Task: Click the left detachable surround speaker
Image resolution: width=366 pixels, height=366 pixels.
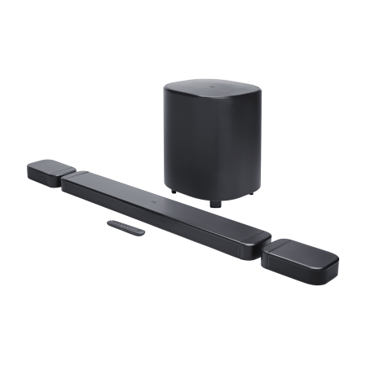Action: click(x=45, y=173)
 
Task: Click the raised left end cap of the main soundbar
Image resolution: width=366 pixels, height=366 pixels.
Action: click(x=80, y=178)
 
